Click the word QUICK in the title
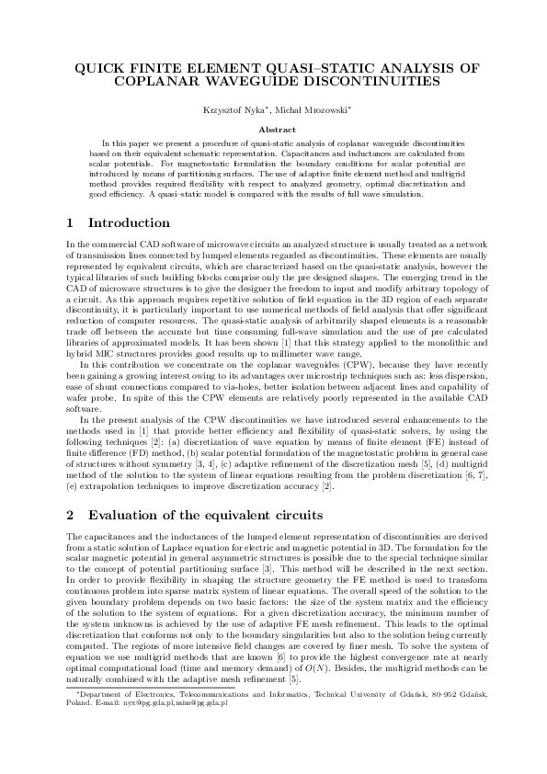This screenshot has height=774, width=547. [99, 68]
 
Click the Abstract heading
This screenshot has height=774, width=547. [273, 130]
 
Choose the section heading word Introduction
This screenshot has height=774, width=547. [130, 222]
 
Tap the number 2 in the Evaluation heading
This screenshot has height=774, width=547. [73, 514]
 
